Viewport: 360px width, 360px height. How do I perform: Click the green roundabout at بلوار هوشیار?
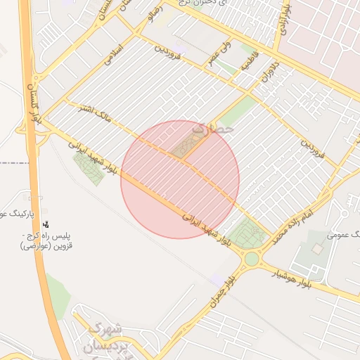(251, 259)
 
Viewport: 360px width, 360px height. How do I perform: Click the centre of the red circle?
(180, 179)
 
